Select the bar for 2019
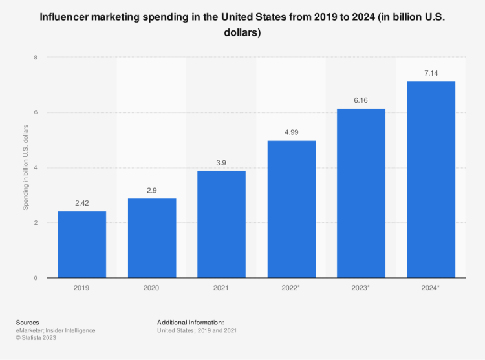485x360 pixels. [x=81, y=244]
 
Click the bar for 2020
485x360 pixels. [x=152, y=238]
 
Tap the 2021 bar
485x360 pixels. [x=221, y=224]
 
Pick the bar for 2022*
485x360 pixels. [x=292, y=209]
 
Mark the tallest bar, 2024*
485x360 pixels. [x=431, y=180]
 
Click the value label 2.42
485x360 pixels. [x=81, y=203]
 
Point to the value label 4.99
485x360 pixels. [x=292, y=132]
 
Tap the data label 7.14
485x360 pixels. [x=431, y=73]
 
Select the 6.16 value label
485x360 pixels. [x=361, y=100]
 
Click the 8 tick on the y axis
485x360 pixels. [x=36, y=58]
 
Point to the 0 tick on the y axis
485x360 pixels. [x=36, y=278]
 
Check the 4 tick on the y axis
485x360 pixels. [x=36, y=168]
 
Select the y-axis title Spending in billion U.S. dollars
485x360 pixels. [x=26, y=168]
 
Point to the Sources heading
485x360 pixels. [x=27, y=322]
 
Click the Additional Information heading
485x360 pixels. [x=190, y=322]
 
